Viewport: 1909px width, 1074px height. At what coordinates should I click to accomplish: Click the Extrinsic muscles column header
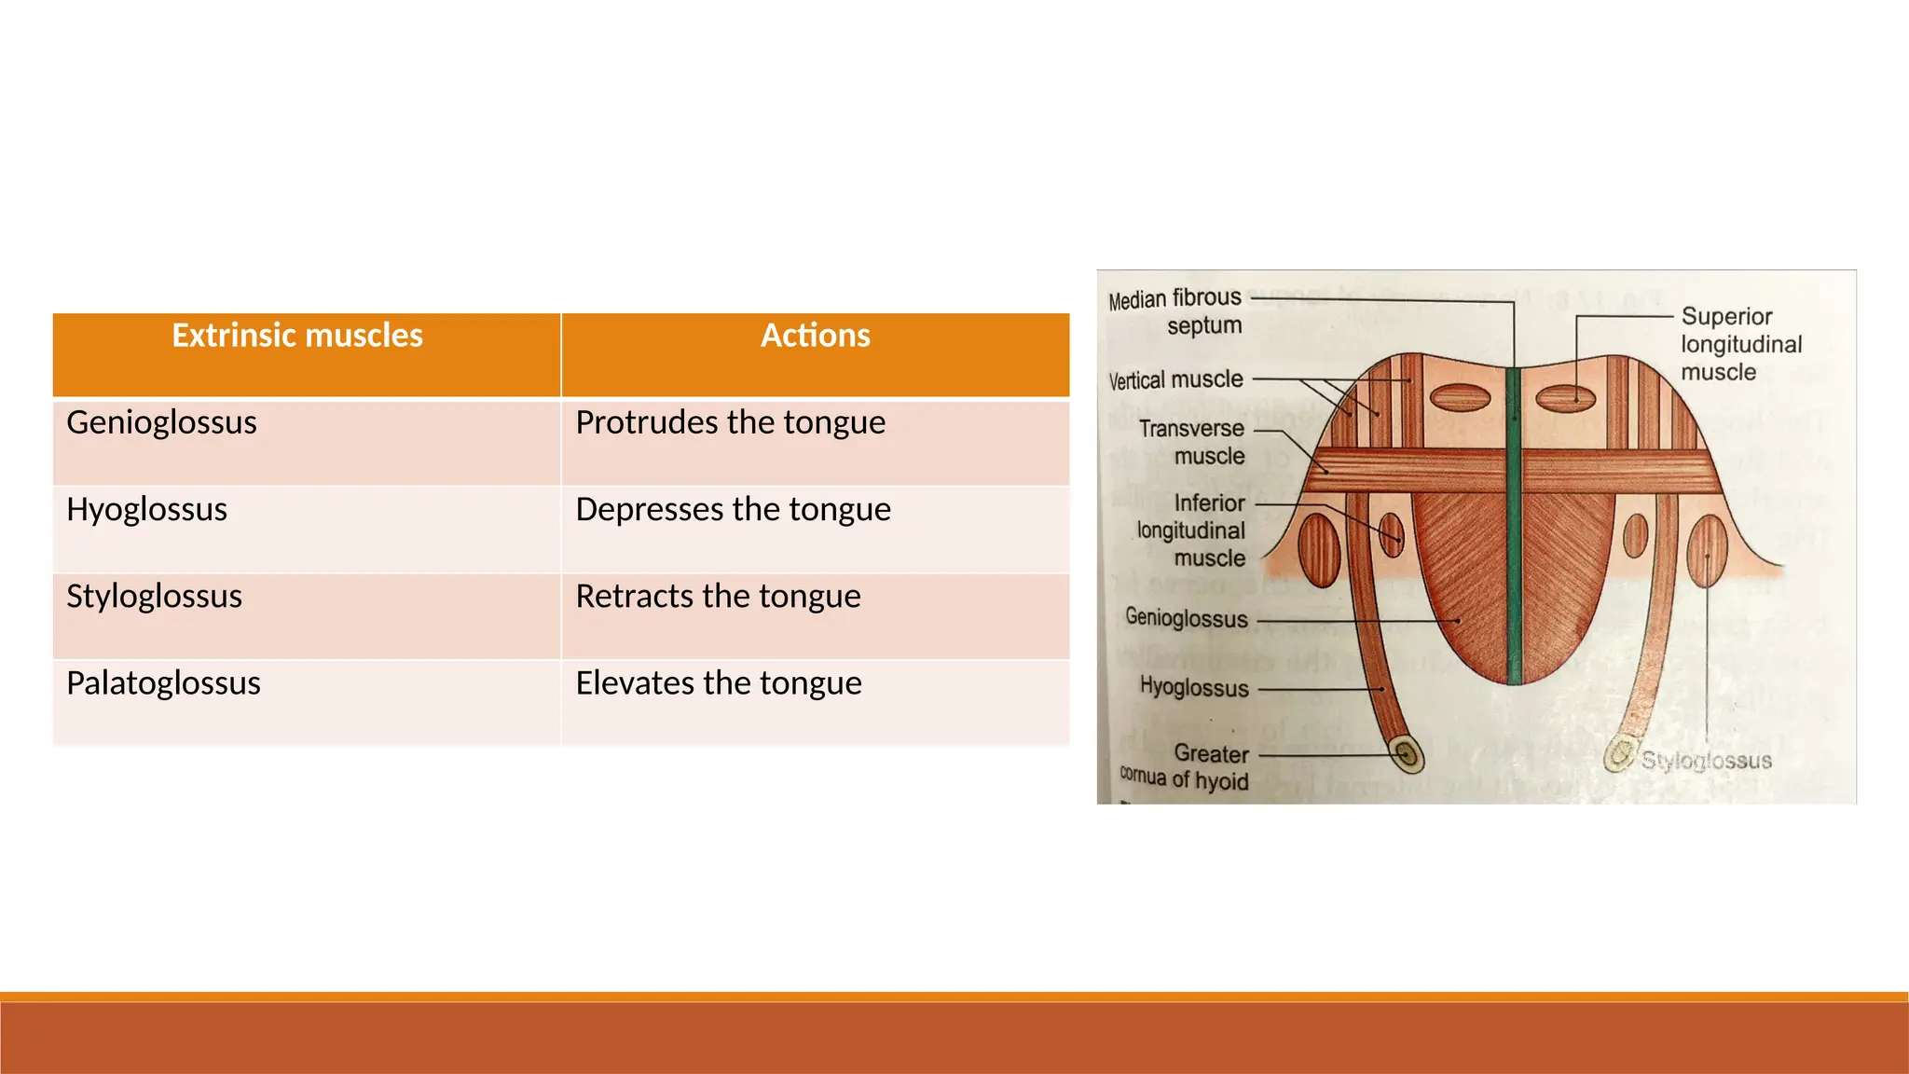coord(297,336)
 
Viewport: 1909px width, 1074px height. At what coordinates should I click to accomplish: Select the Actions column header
coord(816,336)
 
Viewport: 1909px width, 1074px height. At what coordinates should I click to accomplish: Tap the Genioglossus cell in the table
coord(162,422)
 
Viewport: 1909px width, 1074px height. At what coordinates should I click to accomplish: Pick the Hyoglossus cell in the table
coord(147,509)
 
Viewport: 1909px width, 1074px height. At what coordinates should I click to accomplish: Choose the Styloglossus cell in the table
coord(155,596)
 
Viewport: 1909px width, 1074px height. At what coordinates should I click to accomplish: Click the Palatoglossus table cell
coord(164,683)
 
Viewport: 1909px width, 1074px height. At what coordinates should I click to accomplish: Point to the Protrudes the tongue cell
coord(731,422)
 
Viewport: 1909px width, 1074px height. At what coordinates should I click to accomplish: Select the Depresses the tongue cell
coord(734,509)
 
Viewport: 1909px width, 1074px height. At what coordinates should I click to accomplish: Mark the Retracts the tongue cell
coord(719,596)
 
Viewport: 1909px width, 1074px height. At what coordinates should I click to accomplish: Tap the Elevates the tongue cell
coord(719,683)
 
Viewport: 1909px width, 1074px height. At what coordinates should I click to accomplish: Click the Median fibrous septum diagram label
coord(1176,311)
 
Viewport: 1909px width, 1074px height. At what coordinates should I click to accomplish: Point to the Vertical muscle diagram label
coord(1176,379)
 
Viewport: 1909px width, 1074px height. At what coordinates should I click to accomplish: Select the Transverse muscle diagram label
coord(1192,442)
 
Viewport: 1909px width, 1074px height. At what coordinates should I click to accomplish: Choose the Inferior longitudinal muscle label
coord(1192,530)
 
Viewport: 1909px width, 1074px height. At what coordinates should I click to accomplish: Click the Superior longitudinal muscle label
coord(1741,344)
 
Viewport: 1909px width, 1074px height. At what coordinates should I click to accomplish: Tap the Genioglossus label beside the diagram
coord(1187,618)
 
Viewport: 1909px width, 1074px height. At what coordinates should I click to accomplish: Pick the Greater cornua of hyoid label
coord(1186,766)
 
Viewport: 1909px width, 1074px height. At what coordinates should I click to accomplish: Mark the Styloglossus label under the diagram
coord(1707,761)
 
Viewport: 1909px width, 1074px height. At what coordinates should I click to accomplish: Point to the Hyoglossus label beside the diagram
coord(1194,688)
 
